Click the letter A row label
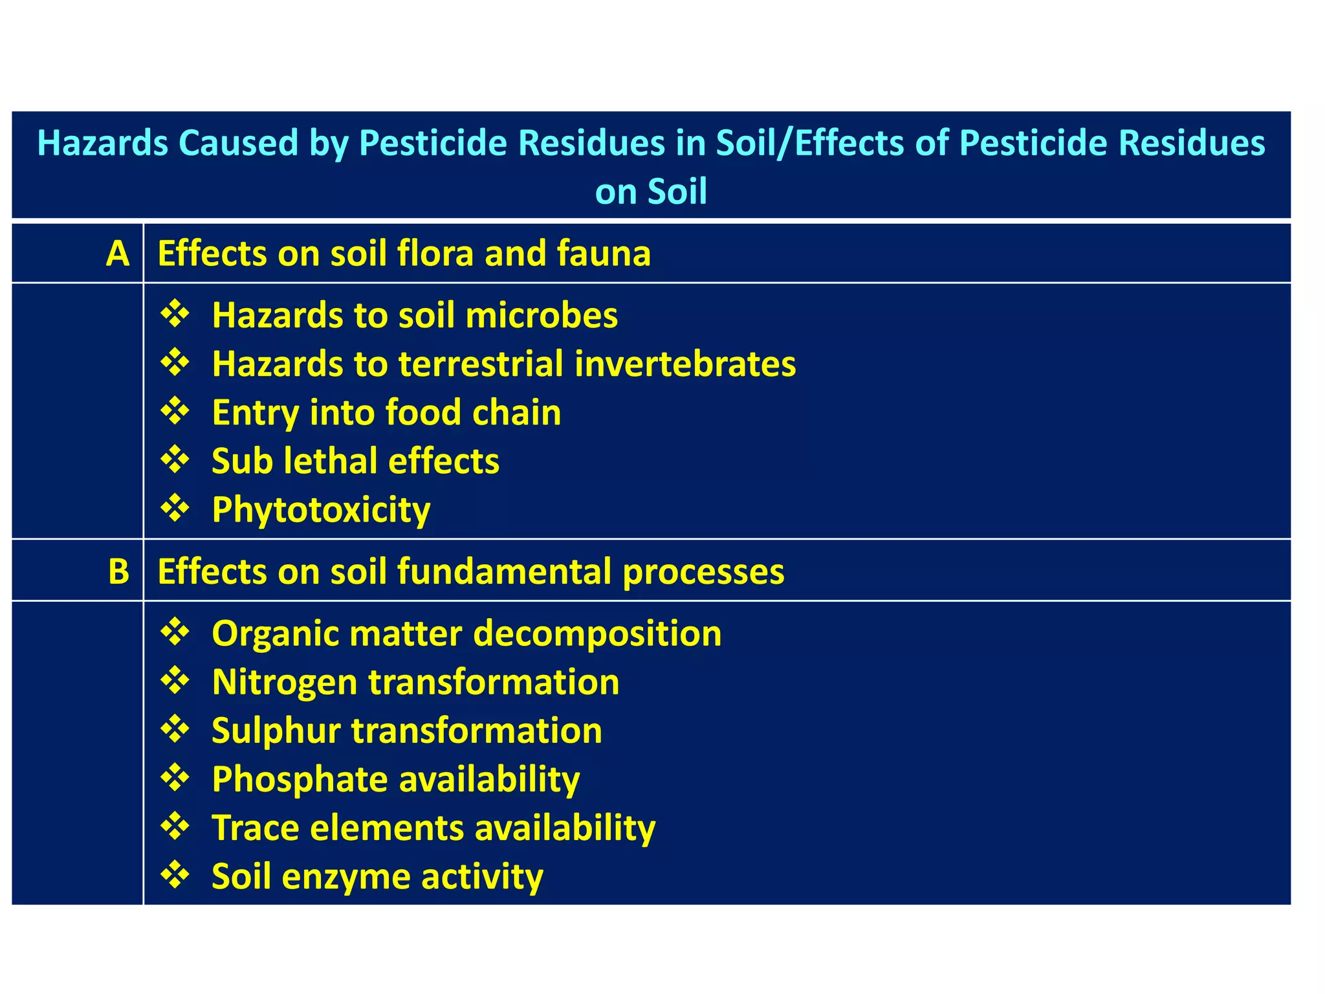[x=118, y=253]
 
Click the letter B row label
[x=118, y=571]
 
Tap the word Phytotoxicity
[x=321, y=510]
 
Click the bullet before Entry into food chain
[x=175, y=411]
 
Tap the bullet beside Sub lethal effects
[x=175, y=459]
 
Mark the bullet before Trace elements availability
[x=175, y=826]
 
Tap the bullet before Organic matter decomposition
[x=175, y=632]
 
